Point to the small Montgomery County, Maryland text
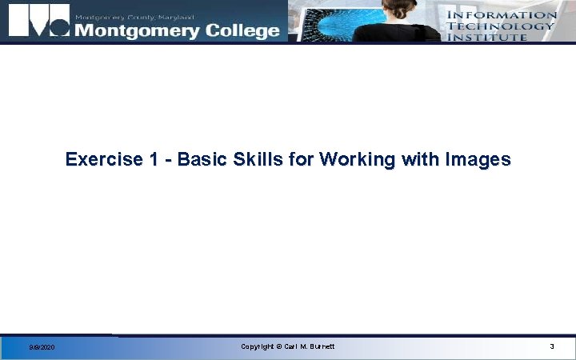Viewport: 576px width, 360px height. coord(134,16)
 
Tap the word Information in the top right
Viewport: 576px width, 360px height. coord(502,14)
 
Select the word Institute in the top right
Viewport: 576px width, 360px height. coord(486,36)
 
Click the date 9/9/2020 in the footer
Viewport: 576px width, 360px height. coord(42,347)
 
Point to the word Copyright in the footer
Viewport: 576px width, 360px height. coord(258,346)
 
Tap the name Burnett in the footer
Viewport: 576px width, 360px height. coord(319,346)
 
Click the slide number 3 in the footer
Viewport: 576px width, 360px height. coord(551,346)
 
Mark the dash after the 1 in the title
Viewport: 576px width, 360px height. coord(168,160)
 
